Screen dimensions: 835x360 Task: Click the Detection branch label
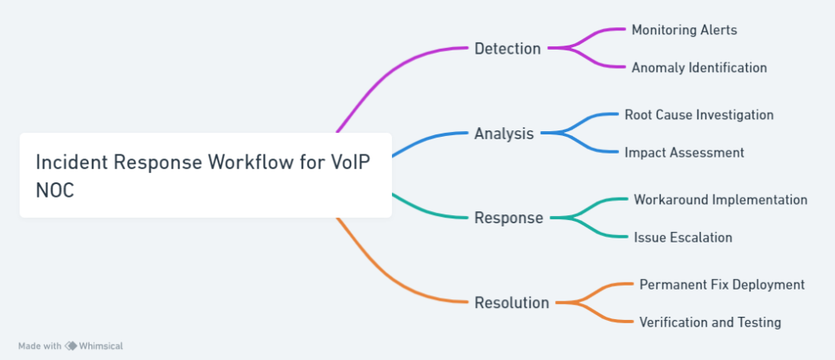508,49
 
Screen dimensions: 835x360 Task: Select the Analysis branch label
504,133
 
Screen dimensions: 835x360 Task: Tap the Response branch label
509,218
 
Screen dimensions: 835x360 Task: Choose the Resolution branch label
512,302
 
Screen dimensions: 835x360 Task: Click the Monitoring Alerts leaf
685,30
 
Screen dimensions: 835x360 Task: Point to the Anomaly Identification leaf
699,68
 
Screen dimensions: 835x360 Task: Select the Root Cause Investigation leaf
699,114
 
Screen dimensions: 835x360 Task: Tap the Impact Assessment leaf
685,152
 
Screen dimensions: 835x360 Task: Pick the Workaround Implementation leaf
721,200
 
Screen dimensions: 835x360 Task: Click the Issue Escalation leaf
683,237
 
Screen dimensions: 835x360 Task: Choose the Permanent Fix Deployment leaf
721,284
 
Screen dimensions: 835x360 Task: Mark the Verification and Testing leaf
710,322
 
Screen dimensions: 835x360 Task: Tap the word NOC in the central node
55,190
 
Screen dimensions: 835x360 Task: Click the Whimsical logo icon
71,346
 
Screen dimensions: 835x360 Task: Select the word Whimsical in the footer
101,346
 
